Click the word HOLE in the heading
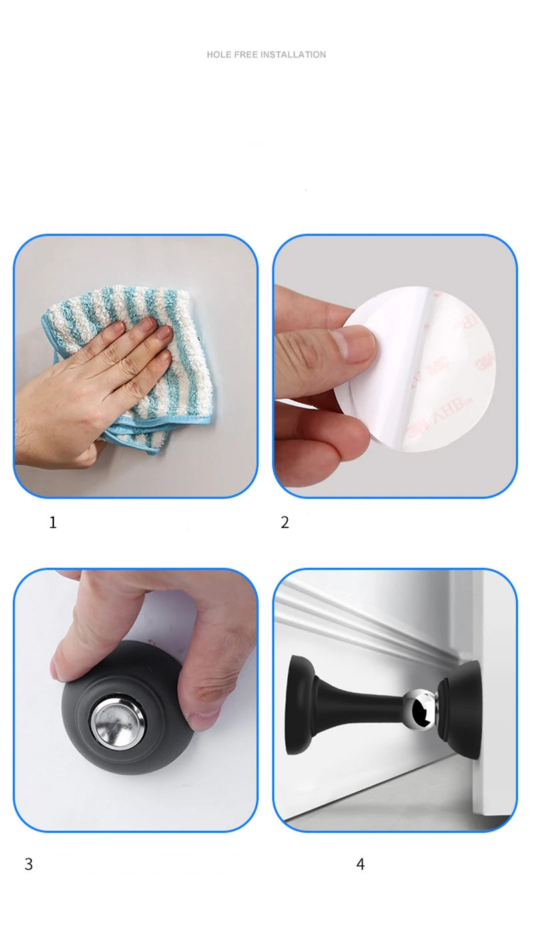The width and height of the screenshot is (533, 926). pos(219,55)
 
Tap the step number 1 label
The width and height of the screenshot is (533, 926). pos(53,523)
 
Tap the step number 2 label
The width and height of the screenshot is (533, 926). pos(284,523)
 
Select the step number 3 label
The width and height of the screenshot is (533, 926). pos(28,864)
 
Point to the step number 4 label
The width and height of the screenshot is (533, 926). pos(360,864)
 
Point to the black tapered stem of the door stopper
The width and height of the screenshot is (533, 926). pos(360,707)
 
